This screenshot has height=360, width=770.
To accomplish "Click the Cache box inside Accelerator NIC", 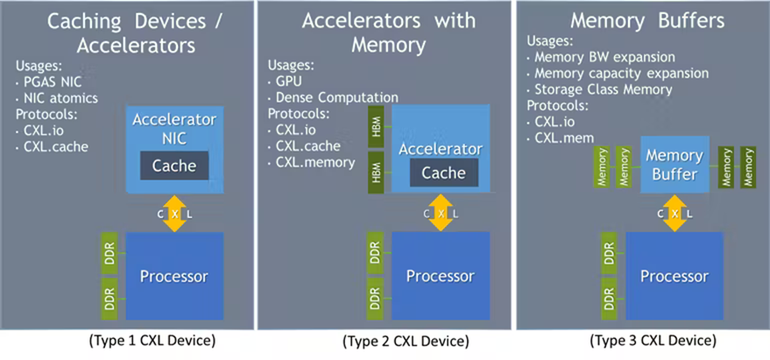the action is (174, 166).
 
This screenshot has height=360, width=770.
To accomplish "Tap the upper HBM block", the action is (376, 127).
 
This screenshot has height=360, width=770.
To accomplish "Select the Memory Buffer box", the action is (675, 165).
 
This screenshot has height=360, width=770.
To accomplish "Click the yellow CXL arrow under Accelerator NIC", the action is (174, 213).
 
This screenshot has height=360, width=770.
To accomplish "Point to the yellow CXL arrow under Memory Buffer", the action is (675, 213).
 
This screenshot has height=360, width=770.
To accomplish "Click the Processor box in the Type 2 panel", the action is (441, 276).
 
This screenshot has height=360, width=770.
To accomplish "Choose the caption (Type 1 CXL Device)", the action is (152, 341).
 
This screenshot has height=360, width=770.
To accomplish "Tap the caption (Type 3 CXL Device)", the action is (653, 341).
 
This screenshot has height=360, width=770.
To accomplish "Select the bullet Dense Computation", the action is (333, 97).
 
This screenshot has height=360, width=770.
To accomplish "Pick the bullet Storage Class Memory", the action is (599, 90).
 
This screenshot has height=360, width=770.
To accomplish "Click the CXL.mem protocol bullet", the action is (561, 138).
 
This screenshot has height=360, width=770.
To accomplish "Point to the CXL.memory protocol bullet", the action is (311, 162).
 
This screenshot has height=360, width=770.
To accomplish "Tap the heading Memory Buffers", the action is (647, 21).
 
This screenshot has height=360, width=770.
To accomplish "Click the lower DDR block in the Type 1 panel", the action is (110, 298).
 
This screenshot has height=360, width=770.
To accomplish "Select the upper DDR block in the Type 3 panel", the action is (609, 253).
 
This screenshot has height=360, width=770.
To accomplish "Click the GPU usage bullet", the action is (285, 81).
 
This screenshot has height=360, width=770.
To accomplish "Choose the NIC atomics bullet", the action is (57, 98).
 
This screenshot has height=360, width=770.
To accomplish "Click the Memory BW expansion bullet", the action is (601, 57).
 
